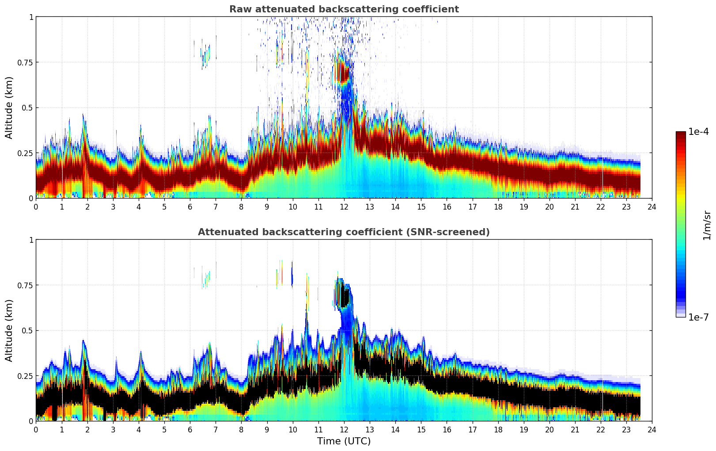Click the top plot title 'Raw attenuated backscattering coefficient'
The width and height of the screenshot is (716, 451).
pos(344,9)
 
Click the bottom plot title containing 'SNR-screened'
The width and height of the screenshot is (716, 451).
pos(344,232)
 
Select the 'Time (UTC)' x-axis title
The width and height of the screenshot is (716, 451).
pos(344,441)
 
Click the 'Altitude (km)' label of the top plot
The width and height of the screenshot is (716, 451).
pos(9,107)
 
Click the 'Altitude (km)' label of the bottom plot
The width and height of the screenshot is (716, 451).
pos(9,330)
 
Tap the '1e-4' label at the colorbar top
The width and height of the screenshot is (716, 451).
pos(698,132)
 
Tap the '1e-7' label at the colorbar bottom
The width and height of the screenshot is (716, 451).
pos(698,317)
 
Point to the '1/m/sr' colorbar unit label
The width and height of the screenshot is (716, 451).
pos(707,225)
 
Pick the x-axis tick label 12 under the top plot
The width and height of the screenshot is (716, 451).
pos(344,206)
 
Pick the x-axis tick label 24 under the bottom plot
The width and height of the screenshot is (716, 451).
pos(652,429)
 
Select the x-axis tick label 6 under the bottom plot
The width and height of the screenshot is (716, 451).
pos(190,429)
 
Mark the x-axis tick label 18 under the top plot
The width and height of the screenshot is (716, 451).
pos(498,206)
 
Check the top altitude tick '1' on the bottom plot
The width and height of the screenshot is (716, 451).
pos(31,240)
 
